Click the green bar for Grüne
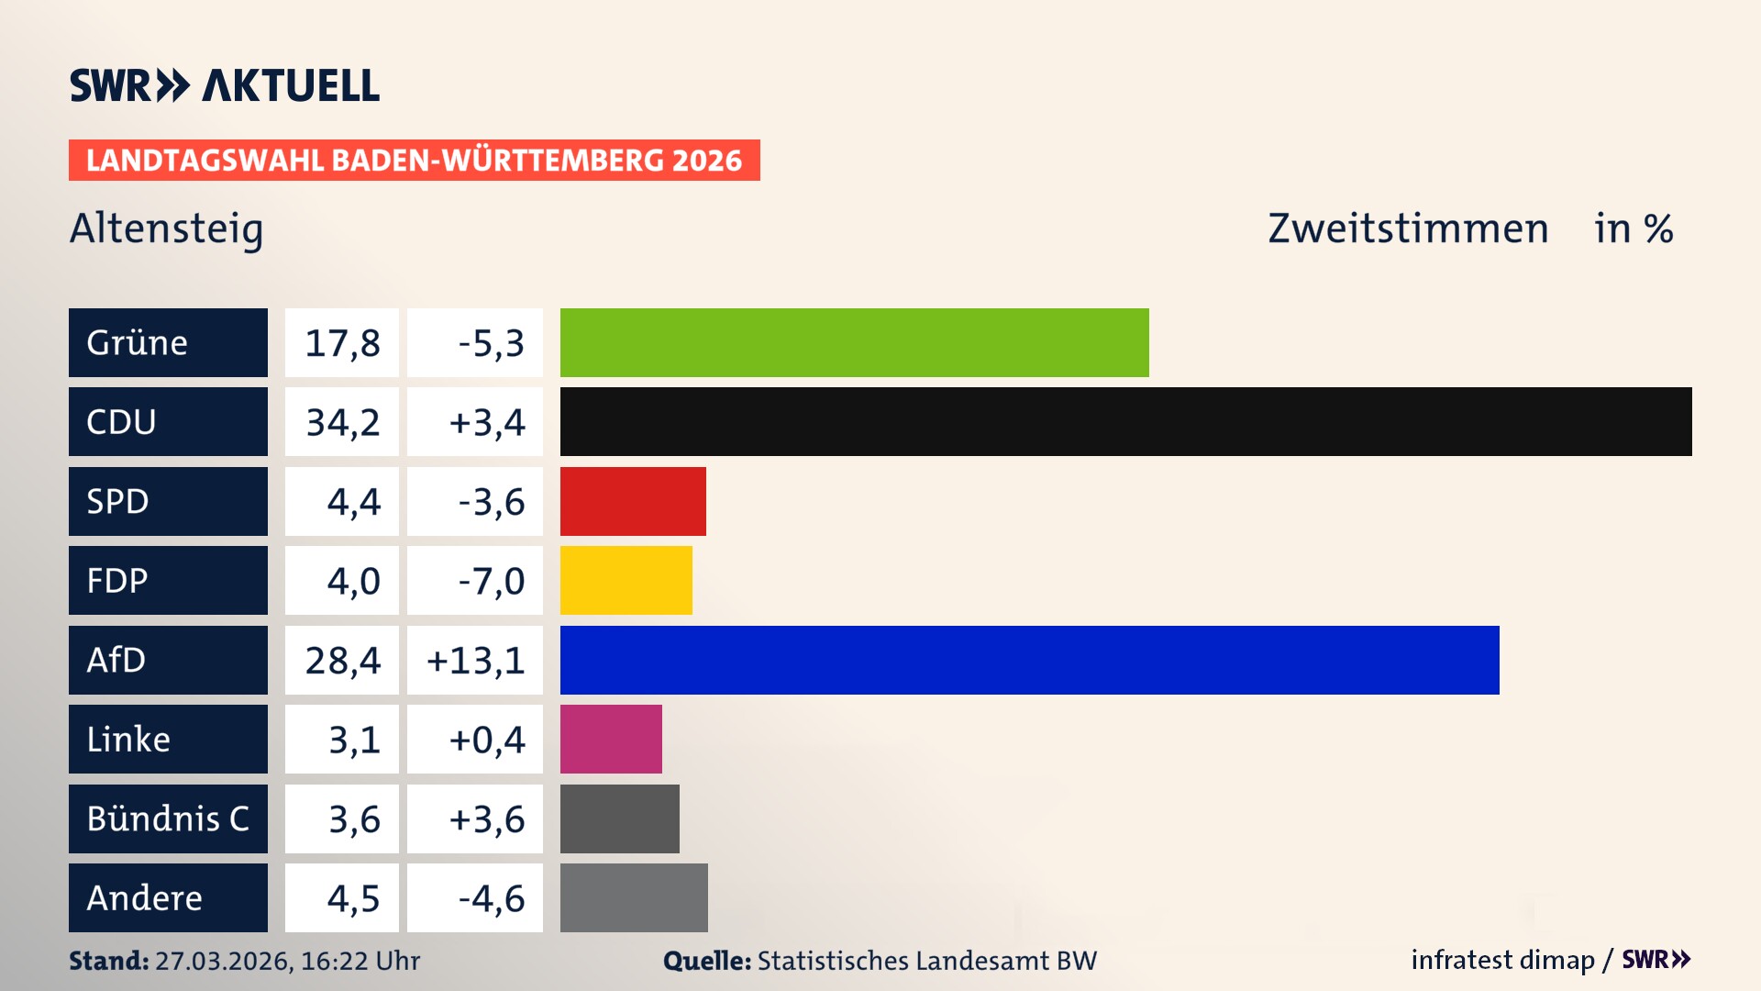(x=854, y=342)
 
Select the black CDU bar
(x=1125, y=421)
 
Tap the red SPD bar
(x=633, y=501)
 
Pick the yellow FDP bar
(x=626, y=580)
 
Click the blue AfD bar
(x=1029, y=660)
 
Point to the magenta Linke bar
(x=611, y=739)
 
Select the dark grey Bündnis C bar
(x=619, y=818)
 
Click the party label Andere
(x=144, y=897)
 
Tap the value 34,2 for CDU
(x=342, y=422)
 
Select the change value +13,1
(x=475, y=660)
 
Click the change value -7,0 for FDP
(x=491, y=581)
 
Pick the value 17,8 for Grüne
(x=342, y=343)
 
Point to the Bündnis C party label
(x=168, y=818)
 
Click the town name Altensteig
(x=166, y=228)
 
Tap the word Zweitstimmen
(x=1407, y=228)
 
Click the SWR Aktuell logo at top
(x=224, y=85)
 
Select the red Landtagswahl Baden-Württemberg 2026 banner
(x=414, y=161)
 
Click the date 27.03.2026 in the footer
(x=223, y=961)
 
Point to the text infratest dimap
(x=1501, y=960)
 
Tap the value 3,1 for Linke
(x=354, y=740)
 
